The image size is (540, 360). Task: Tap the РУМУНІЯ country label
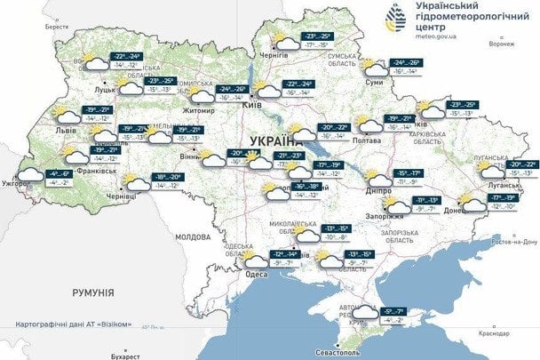pos(94,291)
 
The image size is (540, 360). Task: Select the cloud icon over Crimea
pos(364,312)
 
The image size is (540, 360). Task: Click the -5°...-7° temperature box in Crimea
pos(394,312)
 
